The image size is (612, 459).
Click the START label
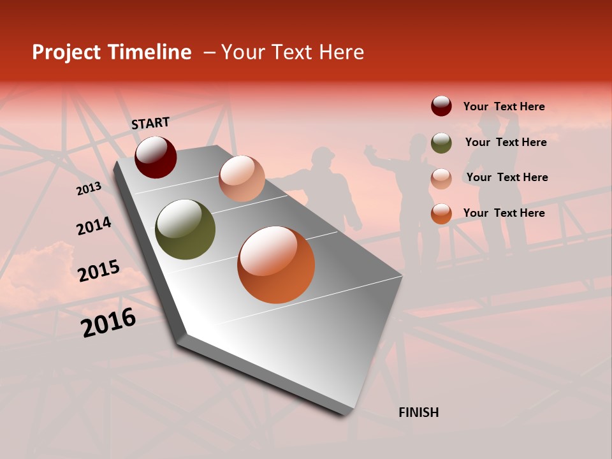150,123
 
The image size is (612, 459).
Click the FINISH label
418,412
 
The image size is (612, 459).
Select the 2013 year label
89,188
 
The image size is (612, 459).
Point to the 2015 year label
99,271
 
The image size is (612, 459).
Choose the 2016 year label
108,322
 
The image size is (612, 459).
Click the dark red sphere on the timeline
156,157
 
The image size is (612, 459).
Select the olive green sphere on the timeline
185,229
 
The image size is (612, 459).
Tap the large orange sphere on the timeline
276,265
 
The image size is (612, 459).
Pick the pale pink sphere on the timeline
242,178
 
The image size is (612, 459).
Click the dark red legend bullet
441,106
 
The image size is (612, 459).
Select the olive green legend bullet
441,142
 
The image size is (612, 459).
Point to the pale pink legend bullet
441,178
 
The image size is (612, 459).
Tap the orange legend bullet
441,214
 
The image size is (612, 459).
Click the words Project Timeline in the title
112,52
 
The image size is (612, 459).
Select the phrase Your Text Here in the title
293,52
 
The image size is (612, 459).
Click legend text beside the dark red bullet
504,106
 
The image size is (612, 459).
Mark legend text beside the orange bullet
504,213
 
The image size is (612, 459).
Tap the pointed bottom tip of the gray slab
344,412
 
